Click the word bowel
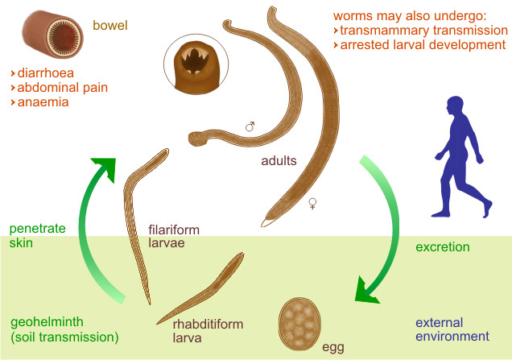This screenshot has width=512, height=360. coord(109,25)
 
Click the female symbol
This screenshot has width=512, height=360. coord(312,205)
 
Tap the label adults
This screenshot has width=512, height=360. coord(279,159)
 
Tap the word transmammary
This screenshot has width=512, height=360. coord(383,30)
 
